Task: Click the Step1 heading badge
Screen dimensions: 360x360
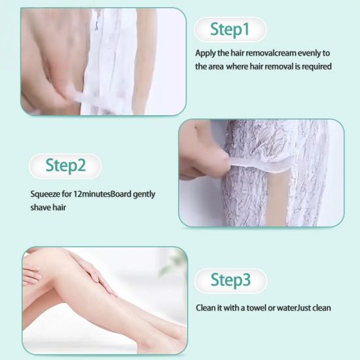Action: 230,29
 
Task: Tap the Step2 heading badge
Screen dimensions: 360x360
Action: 65,166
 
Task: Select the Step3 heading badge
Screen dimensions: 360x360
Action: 230,281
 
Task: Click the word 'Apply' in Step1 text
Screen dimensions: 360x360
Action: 206,54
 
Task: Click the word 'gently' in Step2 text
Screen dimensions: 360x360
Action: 144,194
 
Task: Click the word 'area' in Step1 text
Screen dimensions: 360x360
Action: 215,67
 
